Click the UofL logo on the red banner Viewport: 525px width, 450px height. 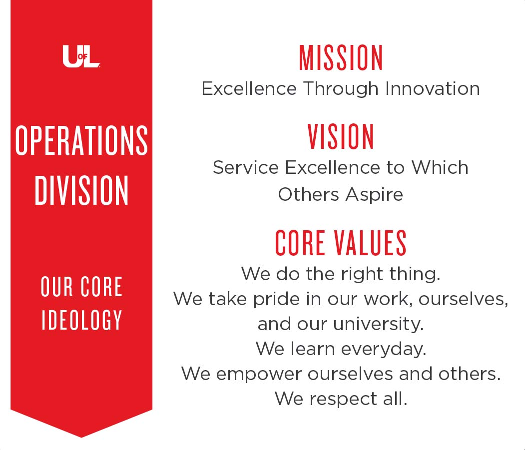click(81, 56)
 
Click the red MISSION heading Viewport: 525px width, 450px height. click(341, 58)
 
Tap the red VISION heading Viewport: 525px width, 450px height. click(341, 136)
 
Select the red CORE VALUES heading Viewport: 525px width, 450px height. click(341, 243)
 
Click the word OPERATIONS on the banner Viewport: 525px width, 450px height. click(81, 141)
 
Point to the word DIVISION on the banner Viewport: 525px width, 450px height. click(81, 190)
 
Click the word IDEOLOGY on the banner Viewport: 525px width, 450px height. click(82, 320)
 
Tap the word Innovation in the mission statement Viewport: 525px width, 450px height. click(432, 89)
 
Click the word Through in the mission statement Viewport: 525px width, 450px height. click(341, 89)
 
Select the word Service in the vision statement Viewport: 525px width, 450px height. click(246, 167)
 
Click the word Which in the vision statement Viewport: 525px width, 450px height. click(440, 167)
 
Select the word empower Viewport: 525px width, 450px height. click(258, 374)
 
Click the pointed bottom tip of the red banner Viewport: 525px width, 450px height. click(81, 438)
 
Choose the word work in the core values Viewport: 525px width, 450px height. click(389, 299)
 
